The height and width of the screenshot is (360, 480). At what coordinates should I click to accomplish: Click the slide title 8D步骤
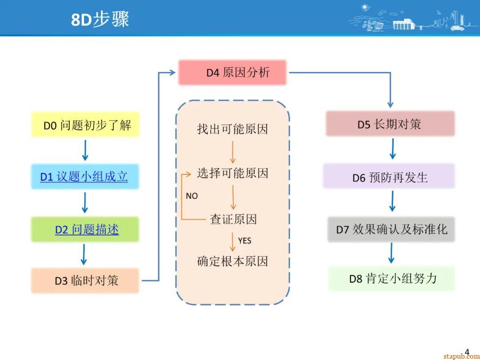[100, 20]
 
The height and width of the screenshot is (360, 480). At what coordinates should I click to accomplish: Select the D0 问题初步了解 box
[85, 125]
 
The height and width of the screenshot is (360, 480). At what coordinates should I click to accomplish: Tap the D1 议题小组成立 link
[84, 177]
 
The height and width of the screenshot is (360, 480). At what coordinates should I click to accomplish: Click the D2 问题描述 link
[87, 229]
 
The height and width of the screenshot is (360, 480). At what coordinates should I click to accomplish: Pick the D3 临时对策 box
[85, 280]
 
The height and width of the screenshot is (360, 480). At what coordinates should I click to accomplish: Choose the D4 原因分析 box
[232, 72]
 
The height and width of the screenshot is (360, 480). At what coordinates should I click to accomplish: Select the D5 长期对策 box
[390, 124]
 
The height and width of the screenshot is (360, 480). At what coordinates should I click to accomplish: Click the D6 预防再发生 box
[389, 177]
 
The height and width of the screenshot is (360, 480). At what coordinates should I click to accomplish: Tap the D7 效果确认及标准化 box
[391, 229]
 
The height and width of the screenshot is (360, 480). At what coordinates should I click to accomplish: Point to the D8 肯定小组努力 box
[391, 279]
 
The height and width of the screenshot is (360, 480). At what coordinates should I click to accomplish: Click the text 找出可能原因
[232, 129]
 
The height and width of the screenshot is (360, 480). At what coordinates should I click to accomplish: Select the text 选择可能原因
[232, 173]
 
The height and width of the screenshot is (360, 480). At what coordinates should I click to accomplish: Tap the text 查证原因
[233, 219]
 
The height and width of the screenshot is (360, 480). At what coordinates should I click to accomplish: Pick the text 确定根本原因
[232, 261]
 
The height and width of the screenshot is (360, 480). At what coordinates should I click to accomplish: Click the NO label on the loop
[192, 196]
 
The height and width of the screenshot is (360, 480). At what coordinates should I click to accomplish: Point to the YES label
[244, 241]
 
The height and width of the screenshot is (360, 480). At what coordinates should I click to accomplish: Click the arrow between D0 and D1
[85, 150]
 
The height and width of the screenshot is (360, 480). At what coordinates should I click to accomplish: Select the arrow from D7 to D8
[391, 253]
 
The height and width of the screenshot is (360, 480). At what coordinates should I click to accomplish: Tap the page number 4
[467, 352]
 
